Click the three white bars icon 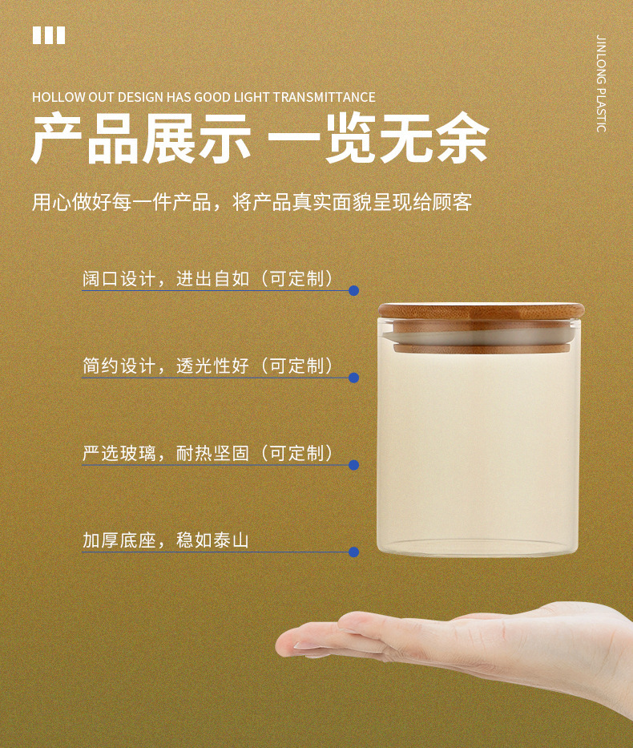coord(49,35)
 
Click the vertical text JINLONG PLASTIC coord(601,84)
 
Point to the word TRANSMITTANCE coord(325,97)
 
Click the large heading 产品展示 coord(141,139)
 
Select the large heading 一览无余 coord(378,139)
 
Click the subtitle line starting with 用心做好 coord(252,202)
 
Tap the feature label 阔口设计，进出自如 coord(166,278)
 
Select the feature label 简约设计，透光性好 coord(166,366)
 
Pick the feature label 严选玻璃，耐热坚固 coord(166,453)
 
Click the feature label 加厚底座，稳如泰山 coord(166,540)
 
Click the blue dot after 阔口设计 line coord(353,290)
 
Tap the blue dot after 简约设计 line coord(353,378)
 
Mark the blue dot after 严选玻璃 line coord(353,465)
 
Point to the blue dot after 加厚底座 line coord(353,552)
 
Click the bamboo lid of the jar coord(482,311)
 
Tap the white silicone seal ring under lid coord(482,338)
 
